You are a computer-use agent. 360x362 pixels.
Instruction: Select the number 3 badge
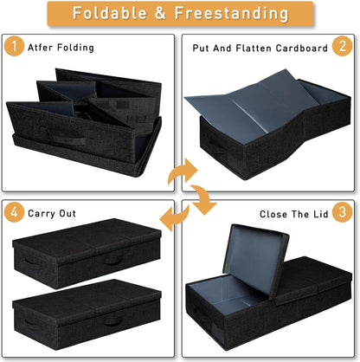(x=343, y=212)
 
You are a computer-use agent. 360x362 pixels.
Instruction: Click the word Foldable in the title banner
(x=108, y=14)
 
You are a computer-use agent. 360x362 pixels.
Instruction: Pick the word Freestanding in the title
(x=232, y=14)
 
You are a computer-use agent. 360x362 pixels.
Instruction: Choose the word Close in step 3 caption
(x=273, y=213)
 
